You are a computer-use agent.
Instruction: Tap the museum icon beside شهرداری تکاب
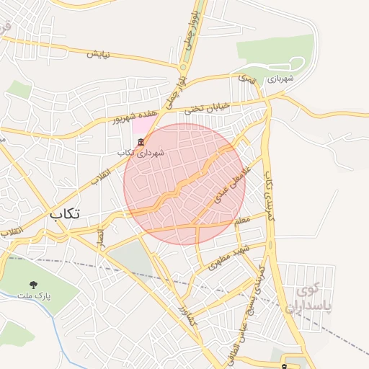point(140,141)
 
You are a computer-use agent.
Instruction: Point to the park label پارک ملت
point(34,297)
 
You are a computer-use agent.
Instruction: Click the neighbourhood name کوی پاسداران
point(311,299)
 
